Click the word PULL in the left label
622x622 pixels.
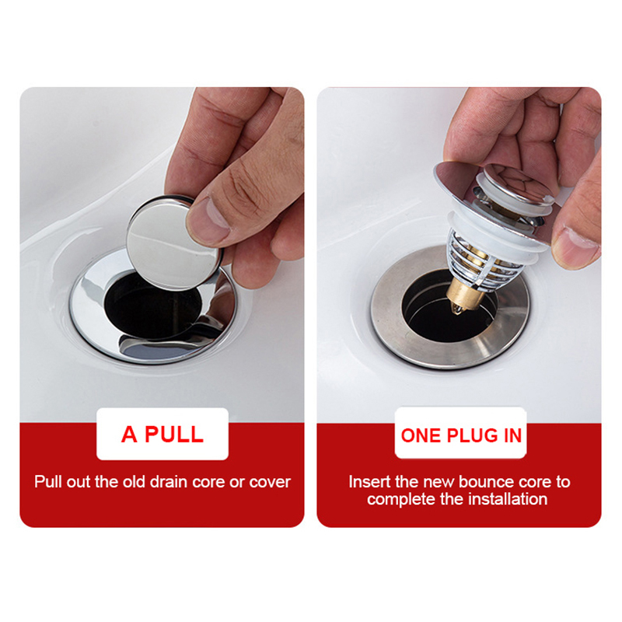pos(173,435)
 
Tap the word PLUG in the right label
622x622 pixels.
pos(473,435)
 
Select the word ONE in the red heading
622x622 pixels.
pos(421,435)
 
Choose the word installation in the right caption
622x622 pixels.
pos(508,499)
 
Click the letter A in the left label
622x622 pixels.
pos(129,435)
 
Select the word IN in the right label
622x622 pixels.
pos(512,435)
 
